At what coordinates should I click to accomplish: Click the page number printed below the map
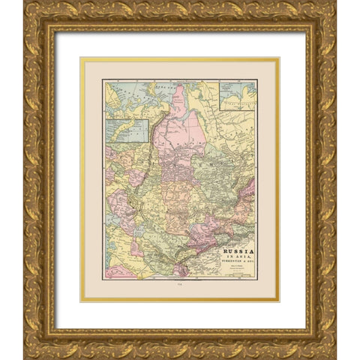click(180, 283)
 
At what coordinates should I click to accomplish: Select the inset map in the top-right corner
click(238, 95)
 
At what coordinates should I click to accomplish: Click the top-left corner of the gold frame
click(28, 5)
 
